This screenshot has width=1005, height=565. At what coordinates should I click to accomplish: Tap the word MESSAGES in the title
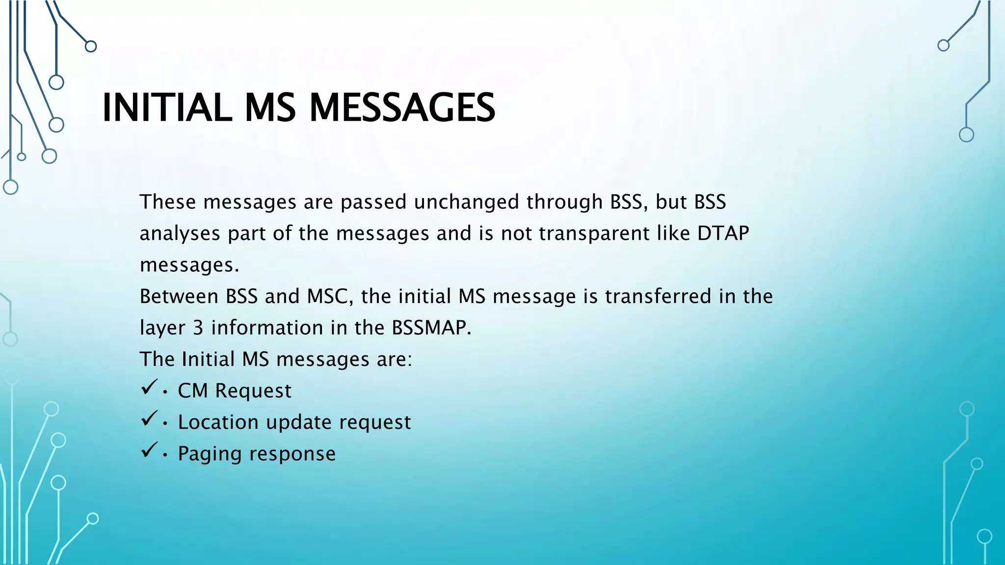(402, 108)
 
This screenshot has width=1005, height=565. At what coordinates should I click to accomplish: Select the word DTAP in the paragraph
(723, 233)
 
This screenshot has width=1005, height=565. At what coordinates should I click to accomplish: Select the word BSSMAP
(431, 328)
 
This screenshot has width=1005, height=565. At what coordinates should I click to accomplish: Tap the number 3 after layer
(198, 328)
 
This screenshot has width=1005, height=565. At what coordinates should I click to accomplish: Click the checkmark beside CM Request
(149, 387)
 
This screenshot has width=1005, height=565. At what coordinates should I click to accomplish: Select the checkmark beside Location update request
(149, 418)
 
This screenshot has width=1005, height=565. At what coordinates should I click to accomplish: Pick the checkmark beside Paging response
(149, 450)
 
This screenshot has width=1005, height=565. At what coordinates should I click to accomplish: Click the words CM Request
(234, 391)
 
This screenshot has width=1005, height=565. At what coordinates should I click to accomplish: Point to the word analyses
(180, 234)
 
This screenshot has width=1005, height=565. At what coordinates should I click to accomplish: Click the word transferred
(658, 297)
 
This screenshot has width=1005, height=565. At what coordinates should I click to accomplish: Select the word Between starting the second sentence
(179, 297)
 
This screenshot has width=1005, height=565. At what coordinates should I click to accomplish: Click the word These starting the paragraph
(168, 202)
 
